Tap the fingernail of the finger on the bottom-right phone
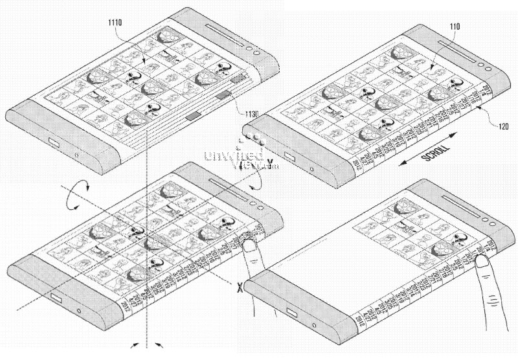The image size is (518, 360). pos(483,261)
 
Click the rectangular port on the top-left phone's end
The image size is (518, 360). pos(54,142)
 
